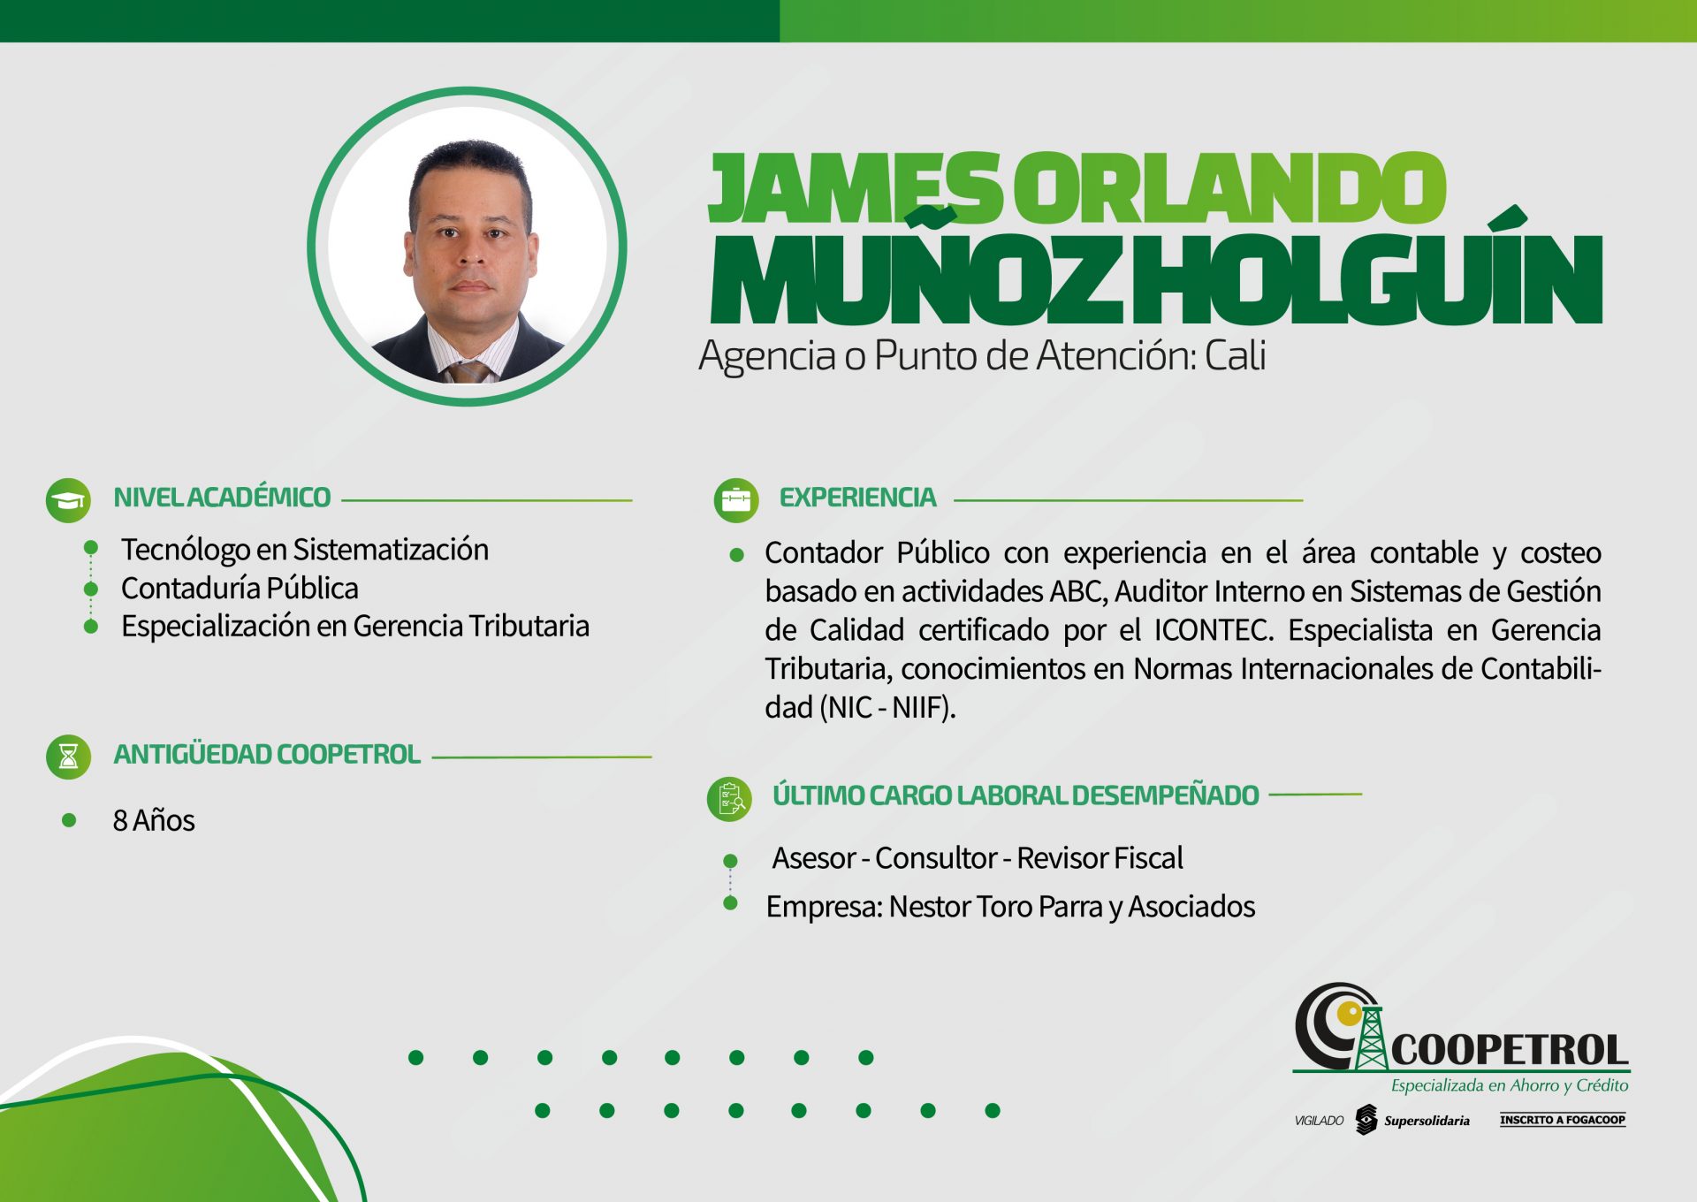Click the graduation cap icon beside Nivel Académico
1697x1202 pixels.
tap(68, 500)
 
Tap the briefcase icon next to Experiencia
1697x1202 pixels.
tap(736, 500)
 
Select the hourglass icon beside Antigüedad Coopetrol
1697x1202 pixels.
tap(68, 757)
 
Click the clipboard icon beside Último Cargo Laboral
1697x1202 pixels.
tap(730, 799)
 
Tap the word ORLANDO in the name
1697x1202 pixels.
tap(1229, 187)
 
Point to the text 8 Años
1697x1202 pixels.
tap(154, 820)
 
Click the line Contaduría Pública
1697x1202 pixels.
tap(240, 588)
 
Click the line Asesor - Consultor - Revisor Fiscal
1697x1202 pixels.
tap(978, 857)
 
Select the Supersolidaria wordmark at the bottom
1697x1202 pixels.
tap(1427, 1121)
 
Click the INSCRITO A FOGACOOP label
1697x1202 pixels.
tap(1563, 1120)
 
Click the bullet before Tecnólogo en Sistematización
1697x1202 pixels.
tap(90, 548)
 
